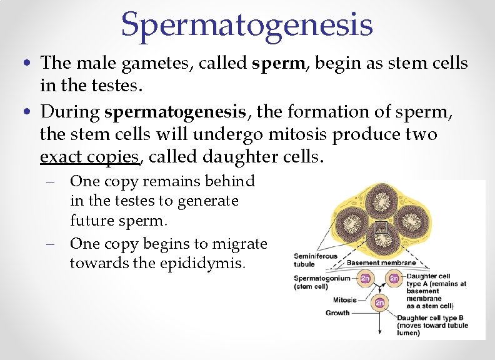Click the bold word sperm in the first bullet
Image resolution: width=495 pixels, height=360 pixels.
(275, 63)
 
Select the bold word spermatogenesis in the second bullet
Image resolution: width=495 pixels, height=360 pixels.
(175, 112)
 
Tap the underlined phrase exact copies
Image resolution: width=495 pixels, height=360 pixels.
(89, 156)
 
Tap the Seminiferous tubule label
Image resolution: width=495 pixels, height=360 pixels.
(315, 259)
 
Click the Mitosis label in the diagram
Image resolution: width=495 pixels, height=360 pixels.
(344, 299)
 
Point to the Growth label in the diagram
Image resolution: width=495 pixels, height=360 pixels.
(337, 312)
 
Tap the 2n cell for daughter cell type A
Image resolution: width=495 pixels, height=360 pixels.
(394, 279)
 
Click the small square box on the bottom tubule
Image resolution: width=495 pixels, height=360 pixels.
(382, 228)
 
